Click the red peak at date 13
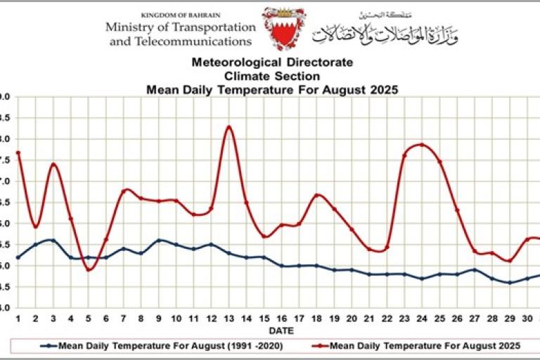[229, 127]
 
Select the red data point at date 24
[422, 144]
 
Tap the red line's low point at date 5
[88, 269]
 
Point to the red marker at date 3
[53, 165]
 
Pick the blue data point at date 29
[510, 283]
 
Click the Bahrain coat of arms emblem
[283, 29]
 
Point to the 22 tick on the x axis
[387, 319]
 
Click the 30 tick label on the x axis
[527, 319]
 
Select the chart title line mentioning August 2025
[271, 89]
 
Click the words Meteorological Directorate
[271, 63]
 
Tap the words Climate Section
[271, 76]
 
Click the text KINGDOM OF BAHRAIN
[180, 15]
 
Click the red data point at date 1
[18, 153]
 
